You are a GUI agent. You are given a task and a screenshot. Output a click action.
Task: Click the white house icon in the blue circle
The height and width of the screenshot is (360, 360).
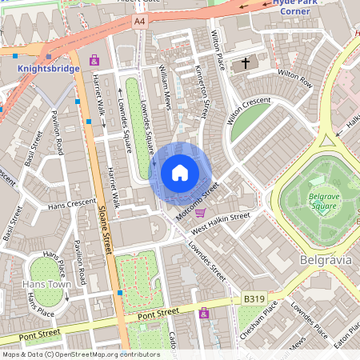click(x=180, y=172)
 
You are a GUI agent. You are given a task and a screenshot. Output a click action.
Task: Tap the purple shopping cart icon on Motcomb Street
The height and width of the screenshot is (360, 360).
click(x=200, y=213)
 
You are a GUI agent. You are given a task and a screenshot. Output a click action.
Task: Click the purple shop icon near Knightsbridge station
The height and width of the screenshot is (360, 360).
click(x=94, y=59)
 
